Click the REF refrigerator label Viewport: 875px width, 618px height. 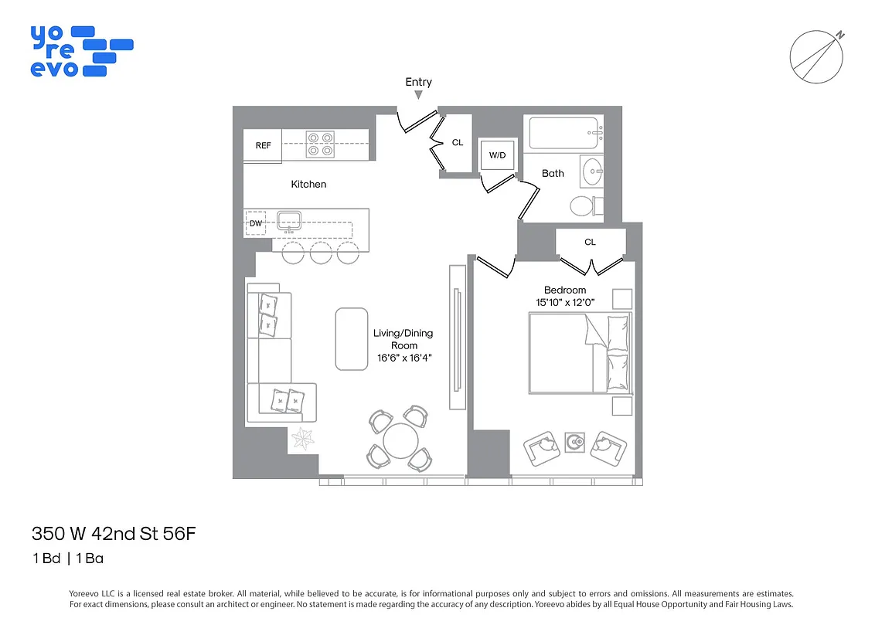[263, 145]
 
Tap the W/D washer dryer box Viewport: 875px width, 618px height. [495, 155]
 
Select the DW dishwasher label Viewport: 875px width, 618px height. [255, 223]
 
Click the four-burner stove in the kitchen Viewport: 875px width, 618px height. [319, 144]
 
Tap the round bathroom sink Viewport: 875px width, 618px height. [594, 171]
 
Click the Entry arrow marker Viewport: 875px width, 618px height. [418, 95]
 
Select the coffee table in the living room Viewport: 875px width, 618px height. [351, 338]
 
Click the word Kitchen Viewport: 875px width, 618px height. [308, 184]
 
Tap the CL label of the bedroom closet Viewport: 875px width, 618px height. [590, 242]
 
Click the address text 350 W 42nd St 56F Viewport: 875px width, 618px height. [107, 534]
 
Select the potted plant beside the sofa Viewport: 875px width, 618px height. [303, 440]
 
